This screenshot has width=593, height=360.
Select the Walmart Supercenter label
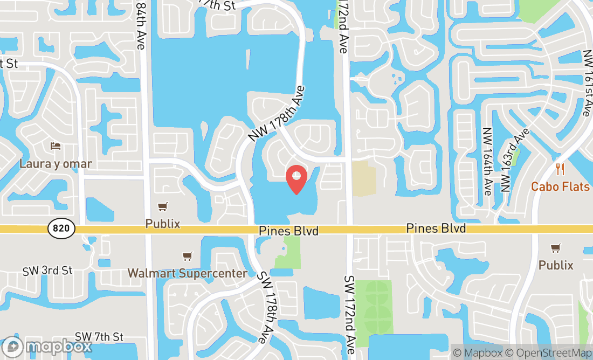click(187, 273)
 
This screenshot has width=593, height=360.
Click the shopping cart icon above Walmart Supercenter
click(187, 257)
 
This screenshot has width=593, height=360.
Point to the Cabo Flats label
click(560, 187)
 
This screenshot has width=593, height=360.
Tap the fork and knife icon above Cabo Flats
click(560, 170)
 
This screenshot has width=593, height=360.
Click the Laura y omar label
click(56, 163)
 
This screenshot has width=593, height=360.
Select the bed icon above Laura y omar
click(56, 146)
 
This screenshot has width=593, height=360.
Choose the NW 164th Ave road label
click(488, 161)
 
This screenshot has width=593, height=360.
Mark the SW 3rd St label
click(47, 271)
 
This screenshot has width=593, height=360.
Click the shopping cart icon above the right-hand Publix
click(556, 248)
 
